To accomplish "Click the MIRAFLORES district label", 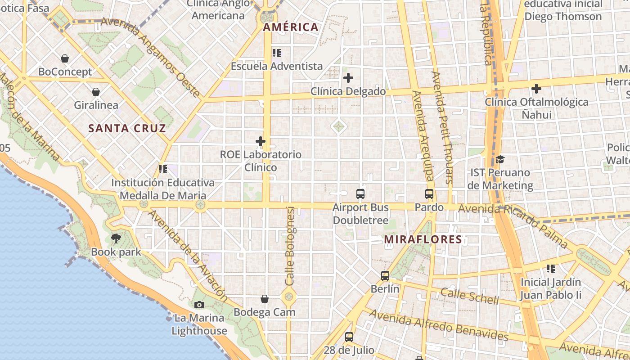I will tap(423, 239).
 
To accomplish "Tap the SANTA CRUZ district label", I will tap(127, 128).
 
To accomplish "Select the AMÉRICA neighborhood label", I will tap(291, 27).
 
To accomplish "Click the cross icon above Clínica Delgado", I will tap(348, 78).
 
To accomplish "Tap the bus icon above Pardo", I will tap(429, 194).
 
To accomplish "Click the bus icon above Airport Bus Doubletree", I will tap(360, 194).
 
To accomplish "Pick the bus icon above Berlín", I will tap(385, 275).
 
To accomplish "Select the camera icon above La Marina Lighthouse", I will tap(199, 305).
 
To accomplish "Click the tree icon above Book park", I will tap(116, 238).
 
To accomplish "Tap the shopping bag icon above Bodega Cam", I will tap(265, 299).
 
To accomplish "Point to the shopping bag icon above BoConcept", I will tap(65, 58).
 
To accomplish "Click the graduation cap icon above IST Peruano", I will tap(500, 159).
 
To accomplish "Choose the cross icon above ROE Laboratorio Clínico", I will tap(261, 141).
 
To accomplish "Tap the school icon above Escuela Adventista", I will tap(277, 53).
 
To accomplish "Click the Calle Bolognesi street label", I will tap(290, 246).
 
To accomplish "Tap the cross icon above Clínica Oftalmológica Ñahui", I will tap(536, 89).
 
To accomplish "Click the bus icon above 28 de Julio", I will tap(349, 337).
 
